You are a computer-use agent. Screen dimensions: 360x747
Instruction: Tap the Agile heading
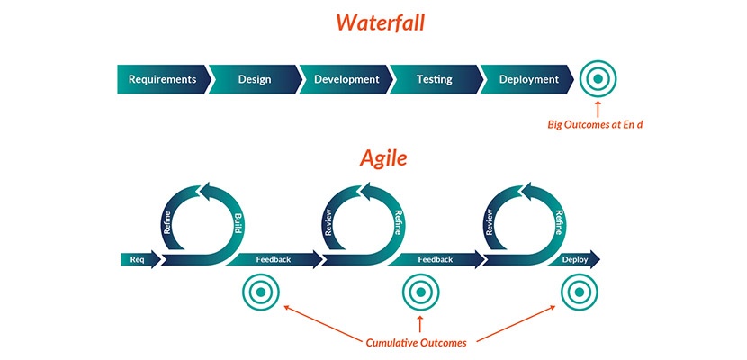[x=384, y=158]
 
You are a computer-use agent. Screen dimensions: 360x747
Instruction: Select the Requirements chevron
[x=162, y=79]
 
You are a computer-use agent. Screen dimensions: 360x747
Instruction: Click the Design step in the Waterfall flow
[x=254, y=79]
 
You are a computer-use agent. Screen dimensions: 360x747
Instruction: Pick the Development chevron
[x=346, y=79]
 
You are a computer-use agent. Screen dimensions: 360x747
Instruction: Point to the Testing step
[x=434, y=79]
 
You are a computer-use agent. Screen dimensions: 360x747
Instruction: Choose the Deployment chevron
[x=528, y=79]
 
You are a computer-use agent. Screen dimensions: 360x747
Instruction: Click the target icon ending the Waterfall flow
[x=597, y=79]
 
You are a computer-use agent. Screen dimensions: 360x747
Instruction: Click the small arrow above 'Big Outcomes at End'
[x=597, y=106]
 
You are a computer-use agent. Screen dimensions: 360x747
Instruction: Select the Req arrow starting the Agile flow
[x=139, y=260]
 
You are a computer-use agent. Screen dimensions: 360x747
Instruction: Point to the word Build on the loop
[x=238, y=225]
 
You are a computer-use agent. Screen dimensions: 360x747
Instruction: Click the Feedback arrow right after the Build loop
[x=274, y=260]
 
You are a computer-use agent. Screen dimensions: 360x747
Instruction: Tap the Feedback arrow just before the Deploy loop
[x=435, y=260]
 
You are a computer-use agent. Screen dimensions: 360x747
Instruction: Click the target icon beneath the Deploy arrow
[x=578, y=293]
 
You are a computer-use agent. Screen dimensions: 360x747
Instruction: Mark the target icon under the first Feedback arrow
[x=260, y=293]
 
